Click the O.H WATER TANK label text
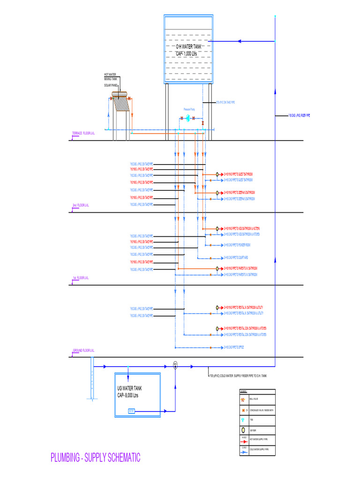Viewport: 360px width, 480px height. (187, 50)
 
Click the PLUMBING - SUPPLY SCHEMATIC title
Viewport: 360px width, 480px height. (96, 458)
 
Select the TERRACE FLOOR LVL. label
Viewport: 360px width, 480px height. (83, 134)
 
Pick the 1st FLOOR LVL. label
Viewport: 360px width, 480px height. (81, 278)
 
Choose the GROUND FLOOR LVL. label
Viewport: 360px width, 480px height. (83, 350)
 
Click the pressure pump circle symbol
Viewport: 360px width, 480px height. (187, 119)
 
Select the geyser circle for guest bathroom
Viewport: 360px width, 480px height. (217, 174)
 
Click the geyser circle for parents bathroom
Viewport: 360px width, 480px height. (217, 269)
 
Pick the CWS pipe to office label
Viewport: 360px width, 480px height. (234, 347)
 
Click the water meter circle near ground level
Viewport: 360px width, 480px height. (175, 364)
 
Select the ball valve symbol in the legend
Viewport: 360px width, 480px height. (243, 400)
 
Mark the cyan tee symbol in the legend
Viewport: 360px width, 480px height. (243, 420)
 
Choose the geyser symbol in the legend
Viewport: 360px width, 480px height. (243, 430)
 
